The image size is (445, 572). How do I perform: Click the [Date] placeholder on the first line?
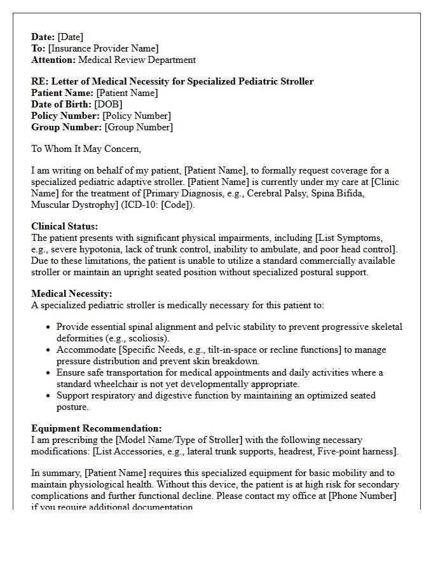pos(70,37)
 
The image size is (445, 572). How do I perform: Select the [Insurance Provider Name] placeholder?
pos(103,48)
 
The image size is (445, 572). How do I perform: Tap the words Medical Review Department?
pos(137,60)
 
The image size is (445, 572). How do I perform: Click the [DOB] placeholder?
pos(108,104)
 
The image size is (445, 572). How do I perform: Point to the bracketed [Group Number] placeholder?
pos(139,127)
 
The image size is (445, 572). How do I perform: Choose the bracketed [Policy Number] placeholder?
pos(137,116)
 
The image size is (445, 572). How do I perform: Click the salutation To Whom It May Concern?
pos(86,149)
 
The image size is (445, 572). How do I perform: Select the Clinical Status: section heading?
pos(65,226)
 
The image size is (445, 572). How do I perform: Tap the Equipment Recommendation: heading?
pos(97,428)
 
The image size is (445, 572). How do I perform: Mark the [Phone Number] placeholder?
pos(362,496)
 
